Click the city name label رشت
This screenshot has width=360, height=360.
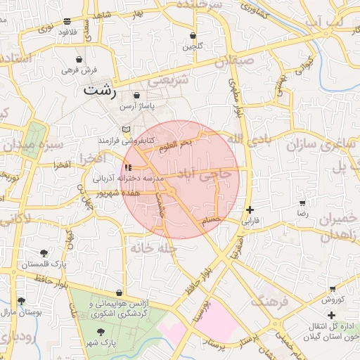(98, 90)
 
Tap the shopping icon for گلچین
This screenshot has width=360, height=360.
(193, 36)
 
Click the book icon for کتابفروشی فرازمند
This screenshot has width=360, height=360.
(127, 129)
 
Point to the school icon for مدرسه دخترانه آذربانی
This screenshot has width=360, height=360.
(127, 167)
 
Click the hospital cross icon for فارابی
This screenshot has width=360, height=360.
(250, 210)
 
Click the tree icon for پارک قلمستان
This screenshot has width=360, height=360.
(44, 252)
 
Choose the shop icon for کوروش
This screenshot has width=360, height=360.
(332, 289)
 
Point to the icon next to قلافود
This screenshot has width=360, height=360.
(67, 22)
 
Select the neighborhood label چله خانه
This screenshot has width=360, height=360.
(151, 247)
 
